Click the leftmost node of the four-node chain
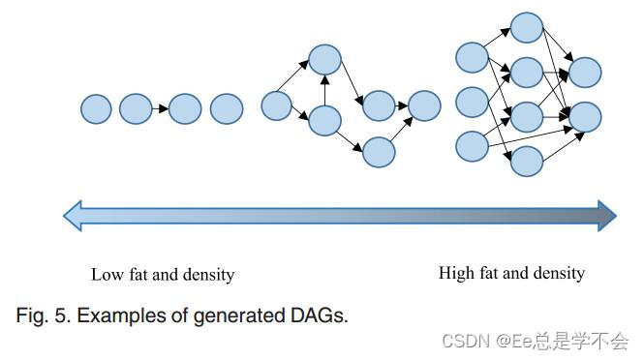coord(96,109)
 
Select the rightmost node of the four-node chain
coord(226,108)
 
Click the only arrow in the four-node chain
coord(161,109)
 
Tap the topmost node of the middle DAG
coord(324,60)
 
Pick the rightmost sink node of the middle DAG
coord(423,105)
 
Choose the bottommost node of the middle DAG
coord(379,152)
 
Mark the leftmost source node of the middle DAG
coord(277,105)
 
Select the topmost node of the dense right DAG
coord(526,27)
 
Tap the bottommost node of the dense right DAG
coord(526,161)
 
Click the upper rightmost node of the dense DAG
coord(585,72)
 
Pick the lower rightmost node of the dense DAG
coord(585,116)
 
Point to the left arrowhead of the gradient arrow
coord(74,216)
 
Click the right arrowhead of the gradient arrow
coord(607,216)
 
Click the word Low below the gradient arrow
coord(107,275)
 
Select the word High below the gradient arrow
coord(455,273)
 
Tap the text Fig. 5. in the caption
coord(41,315)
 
